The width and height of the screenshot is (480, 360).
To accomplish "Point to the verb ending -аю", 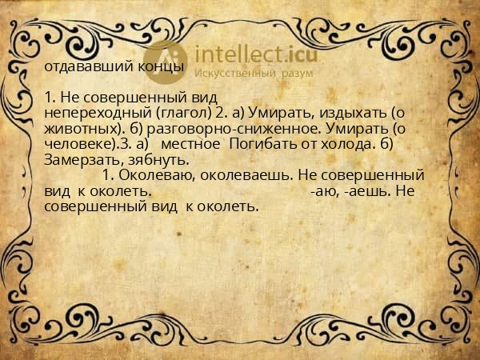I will coord(322,191).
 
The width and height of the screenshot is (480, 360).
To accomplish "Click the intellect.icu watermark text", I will coord(248,54).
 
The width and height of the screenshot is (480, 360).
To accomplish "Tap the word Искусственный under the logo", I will coord(232,73).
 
